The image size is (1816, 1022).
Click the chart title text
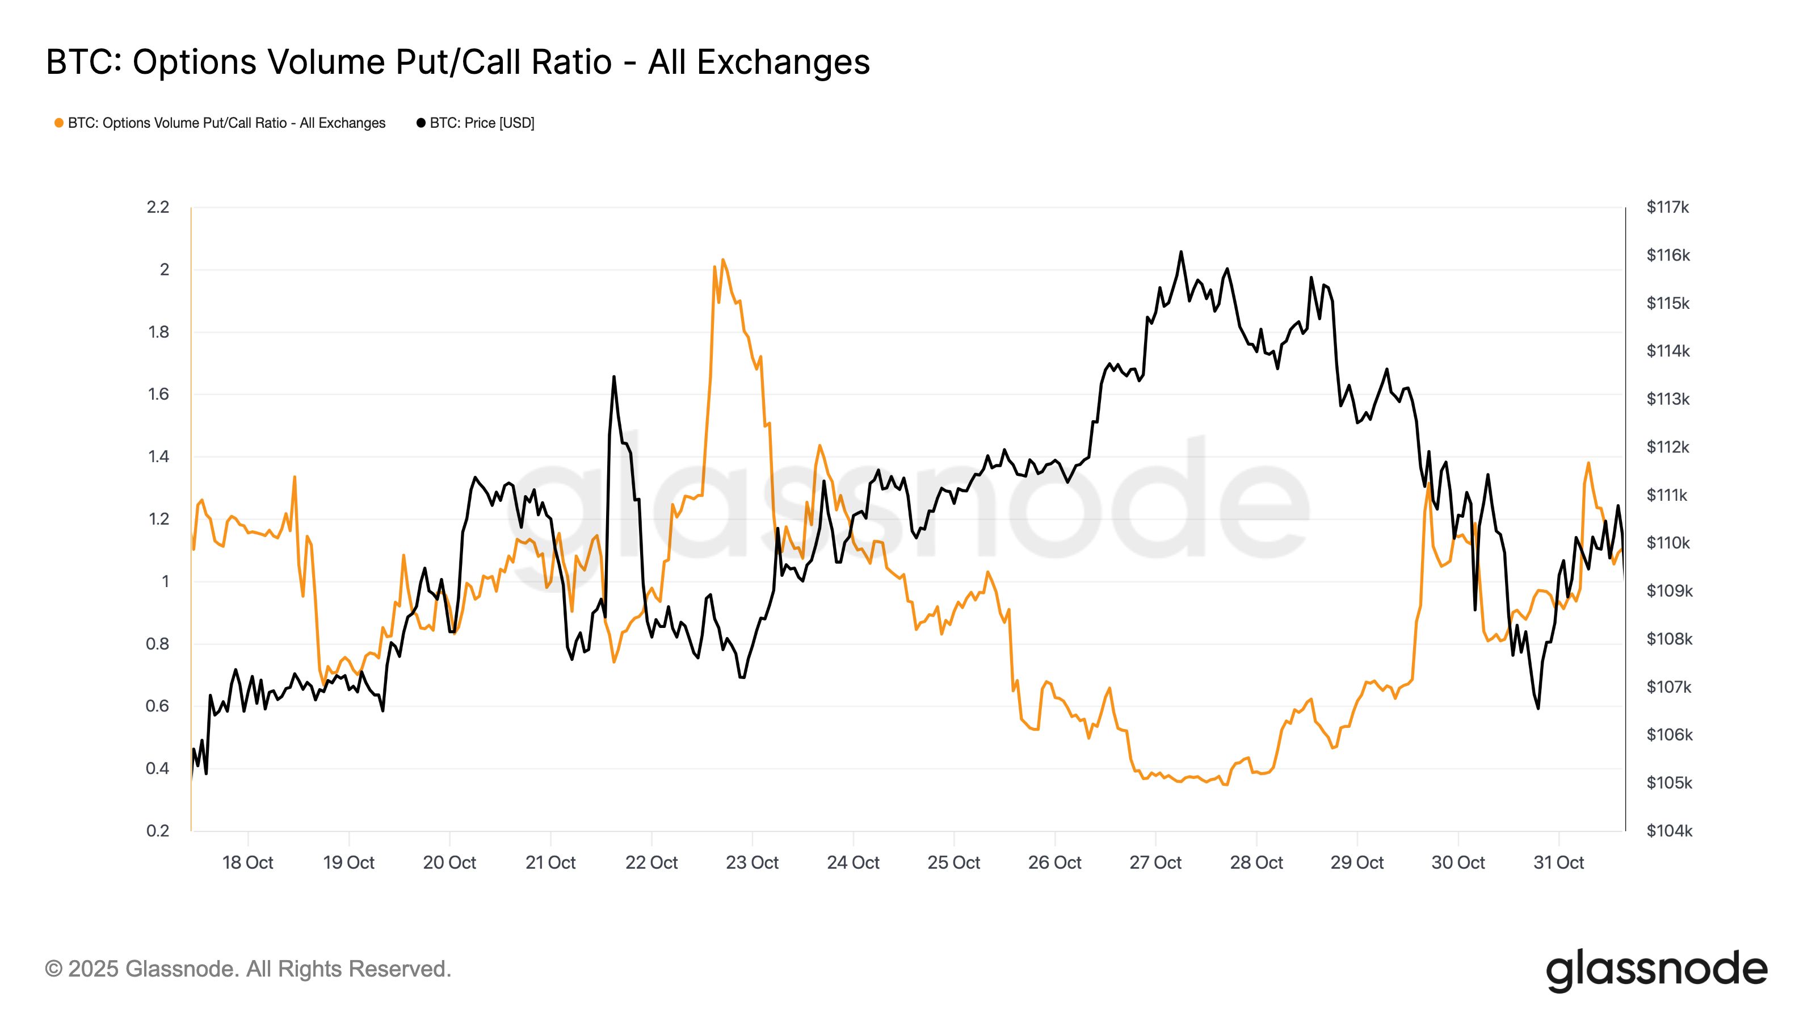click(x=457, y=62)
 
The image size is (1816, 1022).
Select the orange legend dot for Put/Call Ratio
click(x=59, y=123)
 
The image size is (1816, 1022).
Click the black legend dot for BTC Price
click(x=421, y=123)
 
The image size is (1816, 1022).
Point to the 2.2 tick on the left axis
click(x=158, y=207)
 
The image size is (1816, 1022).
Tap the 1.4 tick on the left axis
click(x=158, y=457)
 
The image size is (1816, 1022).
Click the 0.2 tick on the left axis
click(x=158, y=831)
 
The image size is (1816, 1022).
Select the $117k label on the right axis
click(x=1667, y=207)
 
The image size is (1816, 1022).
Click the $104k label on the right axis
click(x=1668, y=831)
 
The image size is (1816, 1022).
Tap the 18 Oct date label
click(x=247, y=862)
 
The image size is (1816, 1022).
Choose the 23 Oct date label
click(x=751, y=862)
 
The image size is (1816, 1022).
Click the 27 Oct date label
click(x=1155, y=862)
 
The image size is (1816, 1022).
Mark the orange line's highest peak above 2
click(x=724, y=259)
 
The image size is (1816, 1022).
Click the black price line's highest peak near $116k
click(x=1181, y=252)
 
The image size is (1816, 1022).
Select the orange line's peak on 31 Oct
click(x=1588, y=463)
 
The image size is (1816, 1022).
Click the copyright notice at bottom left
click(x=247, y=969)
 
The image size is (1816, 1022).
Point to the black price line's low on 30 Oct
click(x=1537, y=708)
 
